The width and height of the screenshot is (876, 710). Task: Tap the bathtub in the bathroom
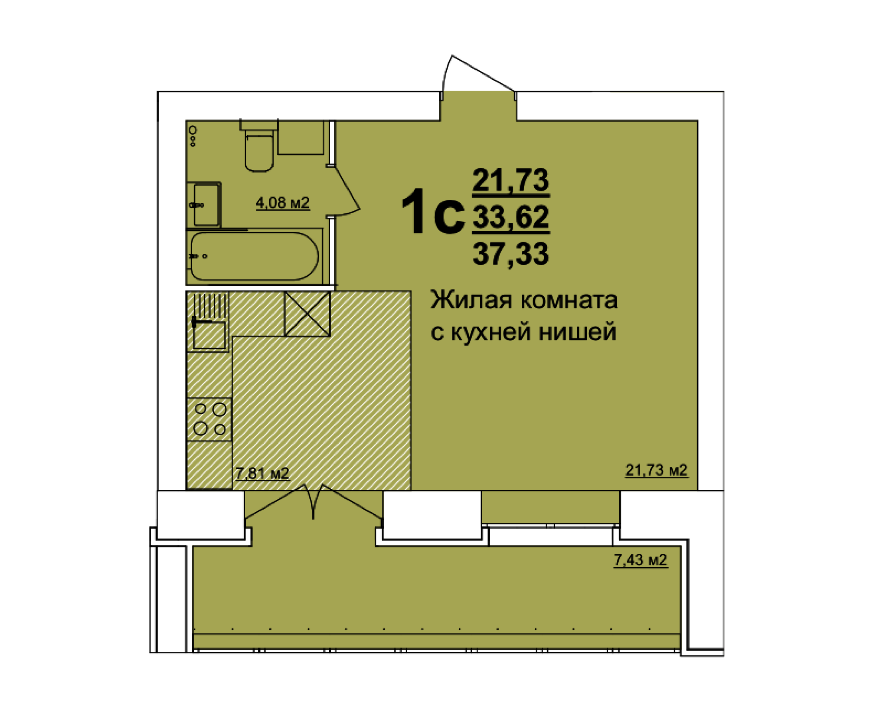coord(254,256)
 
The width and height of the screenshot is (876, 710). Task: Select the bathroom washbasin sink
coord(206,205)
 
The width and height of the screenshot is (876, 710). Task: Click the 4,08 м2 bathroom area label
coord(282,203)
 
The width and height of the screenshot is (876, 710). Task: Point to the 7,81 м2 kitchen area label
coord(262,473)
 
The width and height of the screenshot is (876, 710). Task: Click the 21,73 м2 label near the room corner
coord(656,470)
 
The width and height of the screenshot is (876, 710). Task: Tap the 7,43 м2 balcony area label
coord(640,559)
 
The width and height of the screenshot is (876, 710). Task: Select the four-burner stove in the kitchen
coord(209,419)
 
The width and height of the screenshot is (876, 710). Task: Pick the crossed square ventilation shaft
coord(307,314)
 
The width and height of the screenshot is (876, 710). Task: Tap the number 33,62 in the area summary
coord(511,217)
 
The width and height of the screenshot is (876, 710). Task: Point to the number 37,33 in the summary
coord(511,254)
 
